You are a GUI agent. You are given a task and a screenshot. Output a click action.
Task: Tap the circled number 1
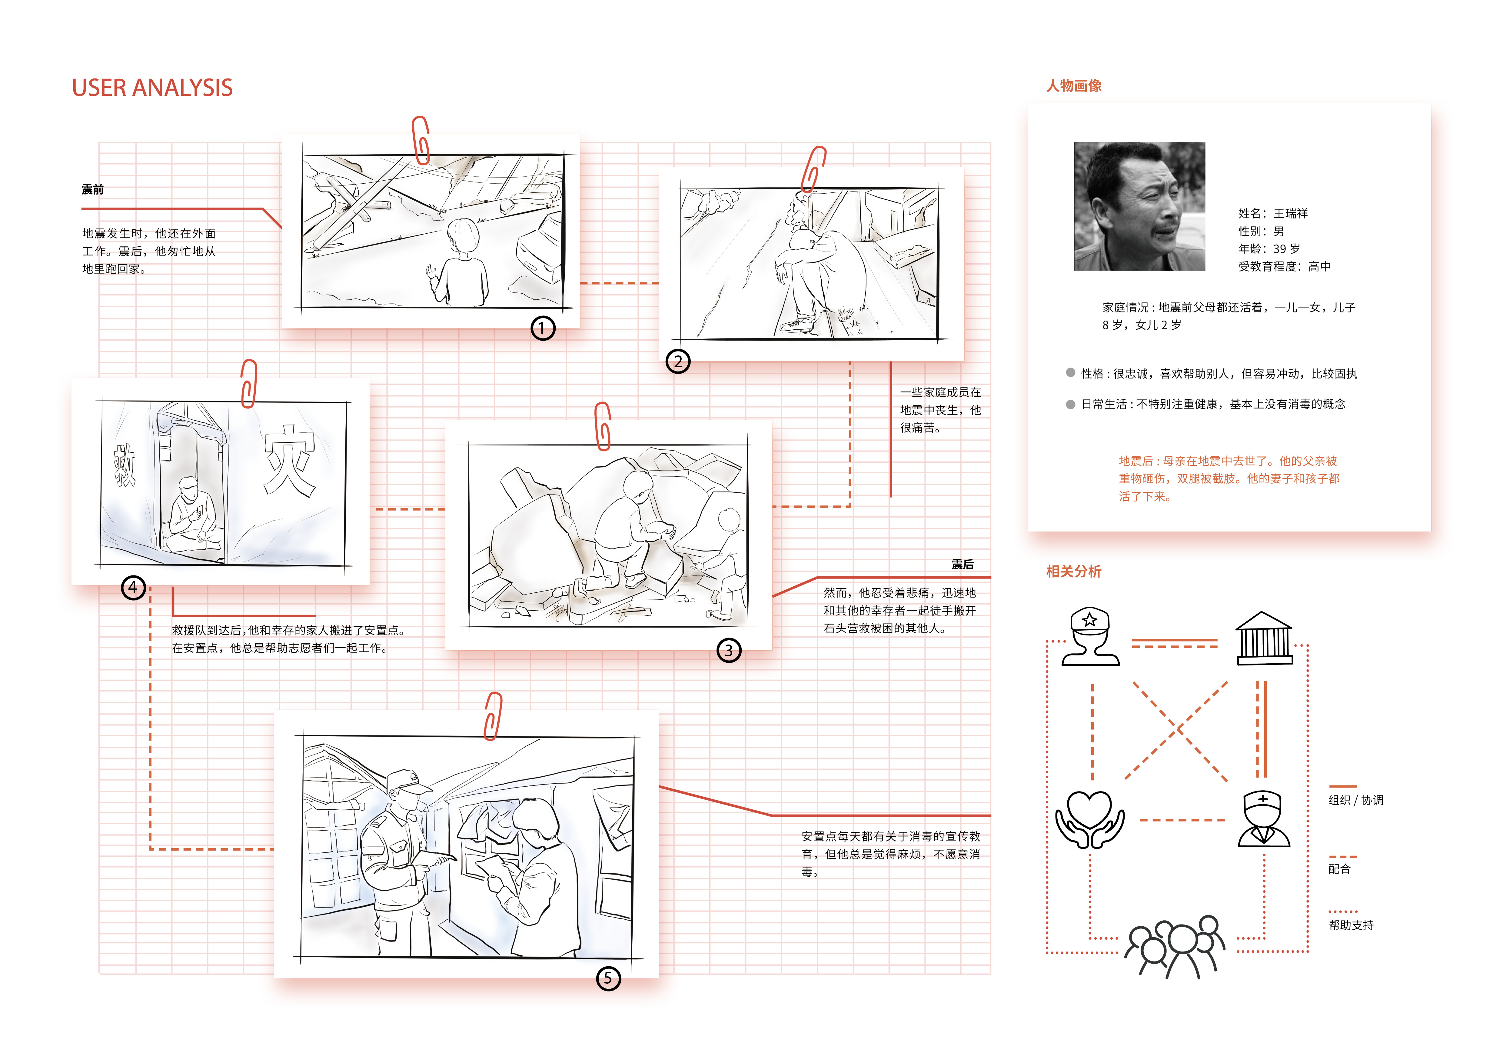click(x=542, y=328)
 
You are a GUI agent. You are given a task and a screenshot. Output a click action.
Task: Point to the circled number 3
click(x=729, y=651)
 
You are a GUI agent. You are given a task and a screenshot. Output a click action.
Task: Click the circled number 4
click(x=133, y=587)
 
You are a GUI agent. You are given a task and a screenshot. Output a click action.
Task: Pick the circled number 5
click(x=608, y=978)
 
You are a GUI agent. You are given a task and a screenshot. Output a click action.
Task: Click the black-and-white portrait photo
click(x=1139, y=206)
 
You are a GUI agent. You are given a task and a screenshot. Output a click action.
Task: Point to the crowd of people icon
click(x=1174, y=947)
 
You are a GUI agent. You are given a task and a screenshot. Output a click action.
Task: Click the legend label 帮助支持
click(x=1351, y=925)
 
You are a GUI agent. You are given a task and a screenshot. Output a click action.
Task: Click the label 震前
click(x=92, y=190)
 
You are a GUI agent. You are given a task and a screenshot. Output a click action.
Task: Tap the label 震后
click(x=962, y=564)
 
